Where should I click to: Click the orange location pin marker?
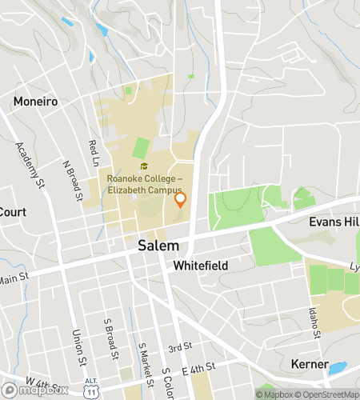tap(180, 199)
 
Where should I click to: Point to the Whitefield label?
tap(201, 265)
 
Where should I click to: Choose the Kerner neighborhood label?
tap(306, 365)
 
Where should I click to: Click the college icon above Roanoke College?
tap(144, 166)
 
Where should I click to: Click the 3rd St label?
tap(180, 347)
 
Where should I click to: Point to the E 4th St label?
tap(199, 367)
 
